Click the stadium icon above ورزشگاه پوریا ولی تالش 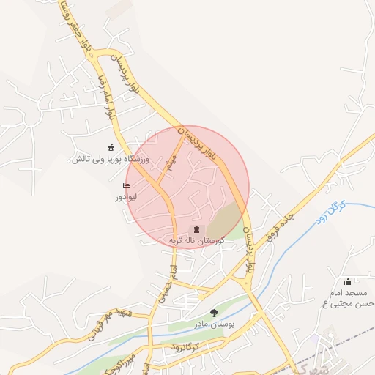pyautogui.click(x=111, y=147)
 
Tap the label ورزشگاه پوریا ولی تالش pyautogui.click(x=110, y=159)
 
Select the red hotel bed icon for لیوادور pyautogui.click(x=126, y=186)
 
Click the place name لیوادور pyautogui.click(x=126, y=198)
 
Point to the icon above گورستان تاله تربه pyautogui.click(x=196, y=229)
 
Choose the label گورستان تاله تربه pyautogui.click(x=195, y=240)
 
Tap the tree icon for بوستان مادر pyautogui.click(x=214, y=313)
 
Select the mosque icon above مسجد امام pyautogui.click(x=349, y=281)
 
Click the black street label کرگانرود pyautogui.click(x=181, y=346)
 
